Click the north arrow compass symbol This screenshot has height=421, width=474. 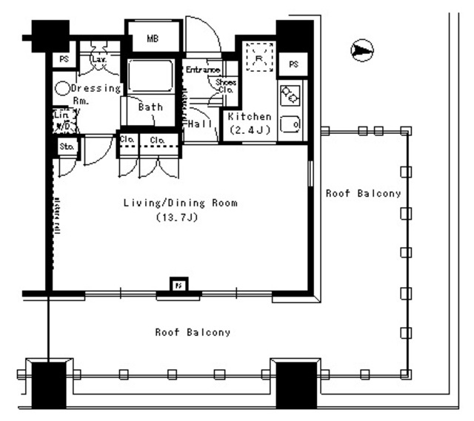pos(361,50)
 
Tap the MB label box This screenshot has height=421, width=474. pos(153,38)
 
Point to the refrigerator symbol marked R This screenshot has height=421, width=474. pos(259,57)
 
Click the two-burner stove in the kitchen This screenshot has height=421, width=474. pos(290,94)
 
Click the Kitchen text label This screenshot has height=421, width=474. pos(250,118)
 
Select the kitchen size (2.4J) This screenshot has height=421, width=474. pos(250,130)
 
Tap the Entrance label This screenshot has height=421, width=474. pos(202,70)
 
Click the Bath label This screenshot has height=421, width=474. pos(150,107)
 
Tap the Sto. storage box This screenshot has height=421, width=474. pos(67,146)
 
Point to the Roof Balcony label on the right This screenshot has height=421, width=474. pos(364,194)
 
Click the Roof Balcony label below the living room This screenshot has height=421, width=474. pos(193,332)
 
